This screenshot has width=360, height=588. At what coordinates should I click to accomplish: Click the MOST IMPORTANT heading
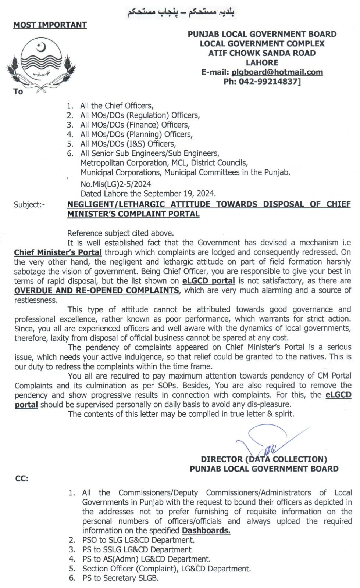(x=50, y=25)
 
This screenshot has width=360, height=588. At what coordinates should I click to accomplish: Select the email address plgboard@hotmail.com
(x=277, y=72)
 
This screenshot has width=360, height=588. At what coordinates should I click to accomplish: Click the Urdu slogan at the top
(x=181, y=13)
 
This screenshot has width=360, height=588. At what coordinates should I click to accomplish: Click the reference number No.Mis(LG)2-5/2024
(x=115, y=184)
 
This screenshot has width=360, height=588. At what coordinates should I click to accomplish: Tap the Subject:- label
(x=29, y=205)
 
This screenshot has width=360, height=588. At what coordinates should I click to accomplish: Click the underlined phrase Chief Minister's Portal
(x=58, y=252)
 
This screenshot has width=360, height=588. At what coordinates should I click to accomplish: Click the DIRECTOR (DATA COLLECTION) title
(x=264, y=459)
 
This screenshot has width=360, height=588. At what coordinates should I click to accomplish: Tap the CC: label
(x=22, y=479)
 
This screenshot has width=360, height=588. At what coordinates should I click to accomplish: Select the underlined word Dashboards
(x=206, y=531)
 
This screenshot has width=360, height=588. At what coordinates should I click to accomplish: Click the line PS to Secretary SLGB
(x=120, y=578)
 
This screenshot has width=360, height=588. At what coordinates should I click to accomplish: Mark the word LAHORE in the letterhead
(x=262, y=62)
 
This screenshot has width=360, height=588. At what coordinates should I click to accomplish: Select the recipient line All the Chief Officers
(x=117, y=106)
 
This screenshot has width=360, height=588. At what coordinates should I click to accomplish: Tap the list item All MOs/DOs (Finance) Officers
(x=135, y=125)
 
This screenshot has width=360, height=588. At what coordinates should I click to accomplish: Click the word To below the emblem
(x=18, y=92)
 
